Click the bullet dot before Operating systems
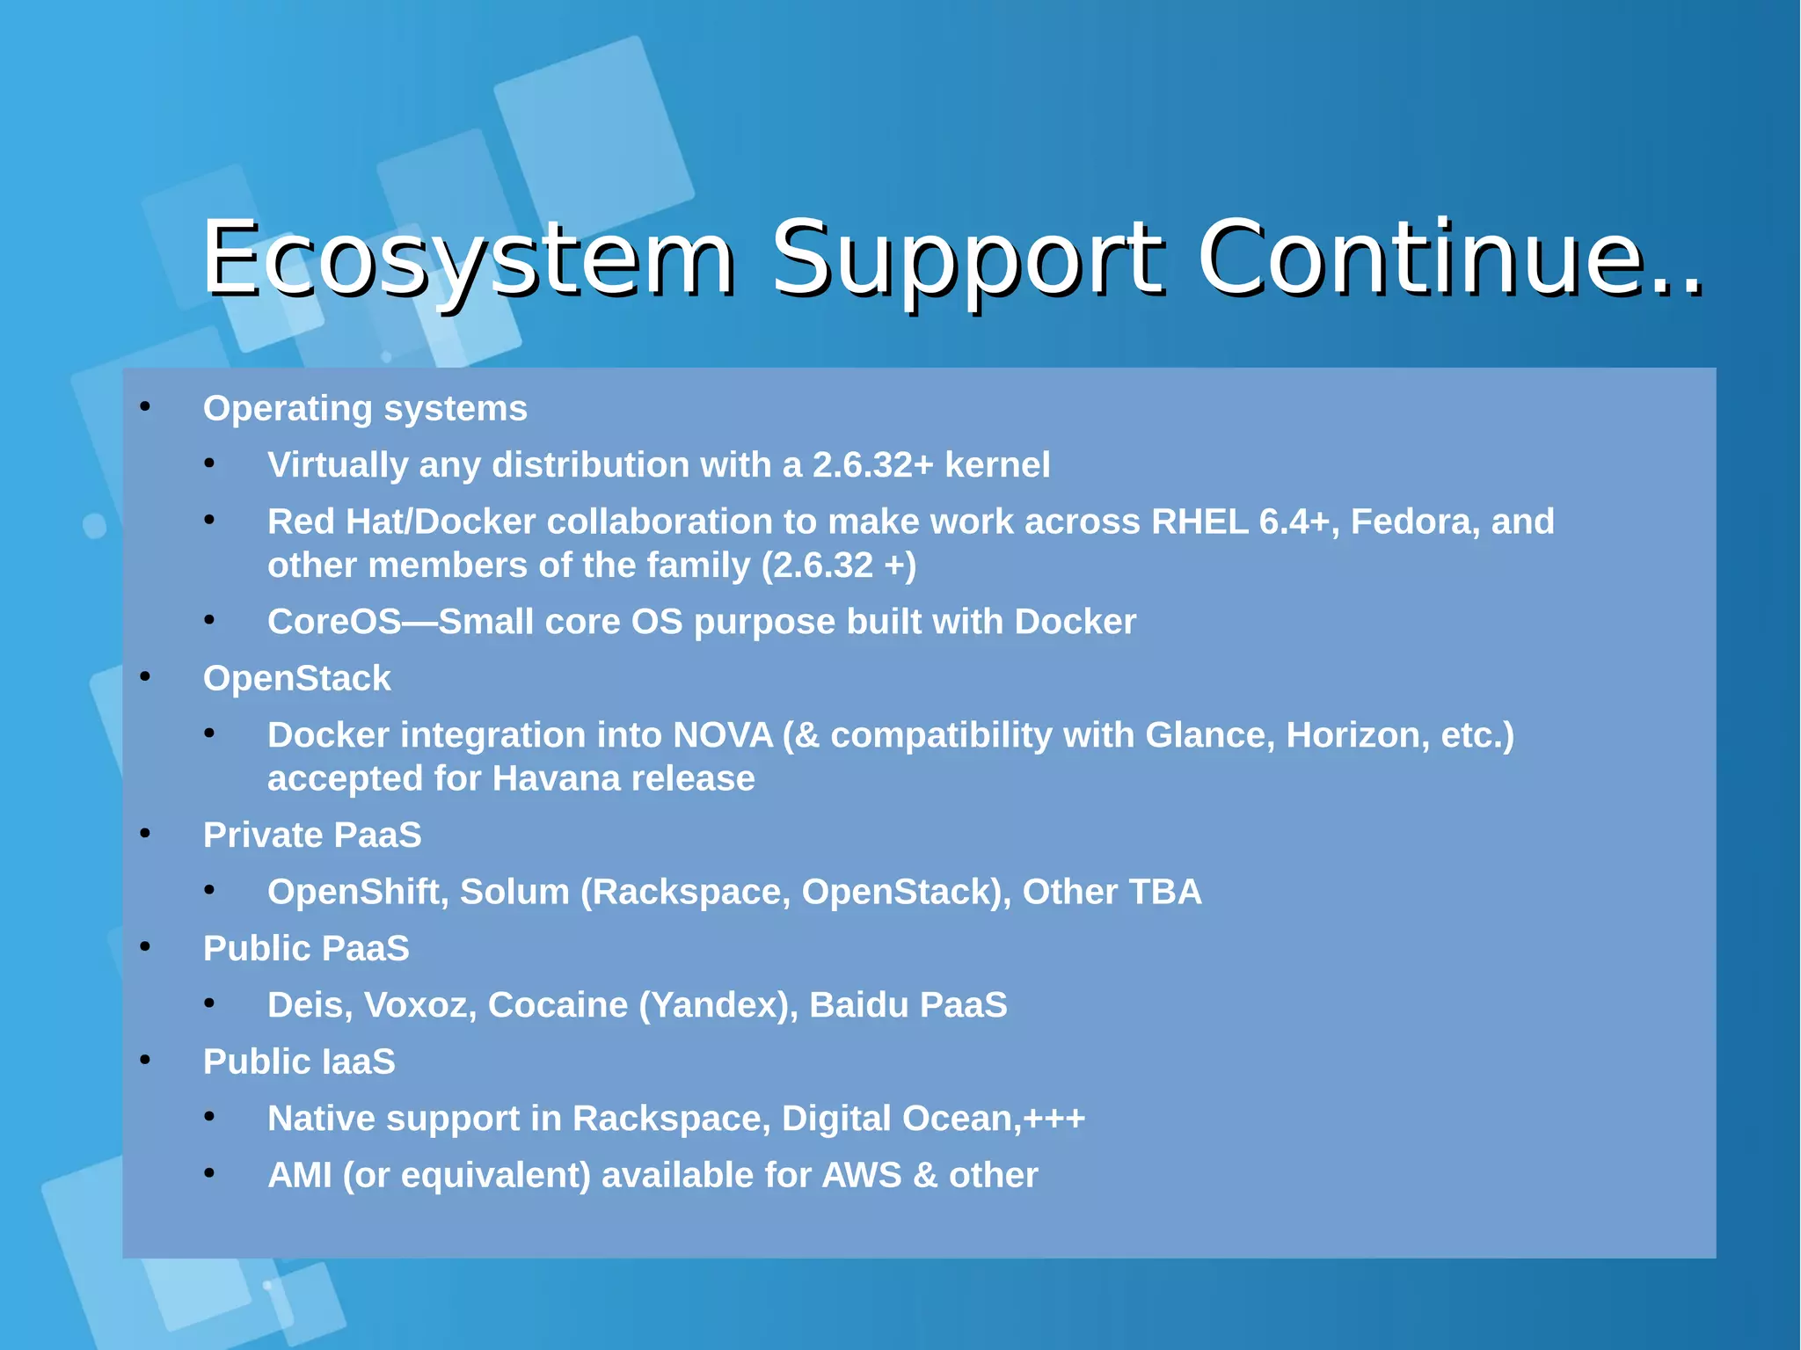tap(146, 407)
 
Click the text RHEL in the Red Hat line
tap(1199, 522)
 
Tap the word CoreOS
tap(334, 622)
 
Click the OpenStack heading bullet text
tap(296, 678)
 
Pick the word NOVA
tap(722, 735)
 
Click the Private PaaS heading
tap(312, 835)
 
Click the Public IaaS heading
tap(299, 1062)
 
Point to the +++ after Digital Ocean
tap(1054, 1119)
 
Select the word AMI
tap(299, 1175)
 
